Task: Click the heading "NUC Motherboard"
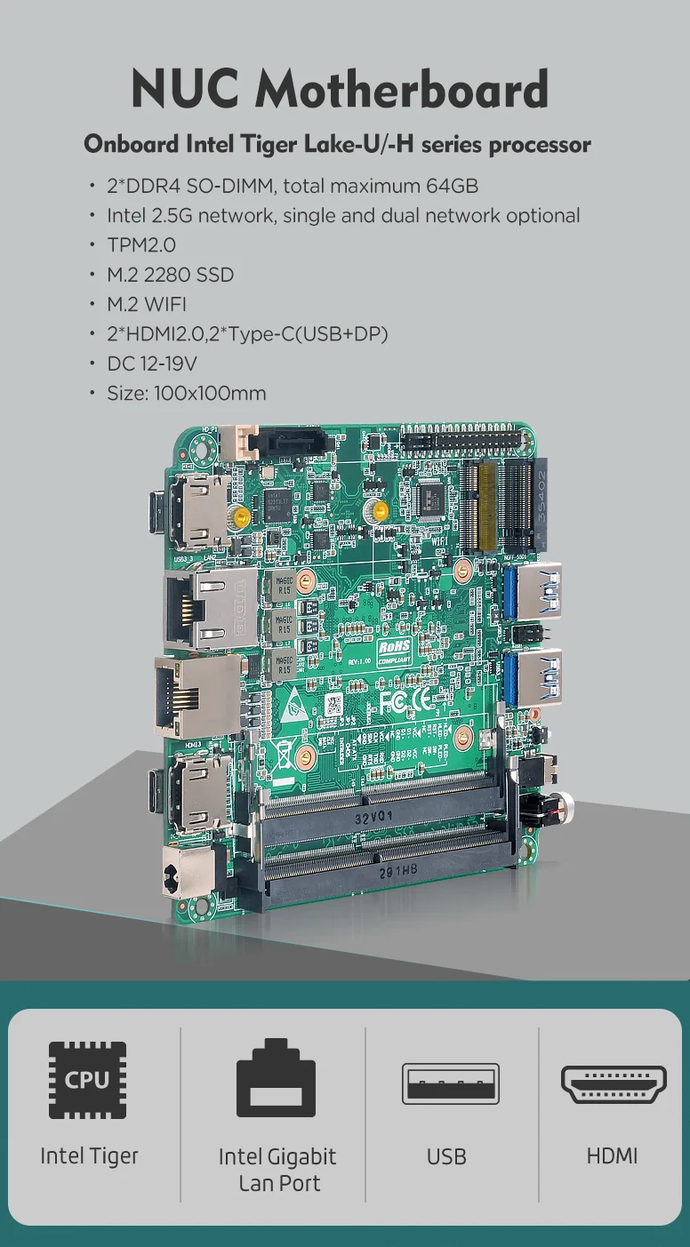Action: [x=339, y=88]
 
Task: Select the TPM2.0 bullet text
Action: [x=141, y=244]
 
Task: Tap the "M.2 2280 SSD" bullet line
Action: [x=170, y=275]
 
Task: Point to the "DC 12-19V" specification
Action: [x=151, y=363]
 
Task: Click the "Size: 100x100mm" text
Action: [x=186, y=392]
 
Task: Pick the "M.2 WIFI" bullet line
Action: [x=147, y=304]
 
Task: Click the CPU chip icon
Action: [x=87, y=1080]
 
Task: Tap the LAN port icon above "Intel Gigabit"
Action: [x=277, y=1076]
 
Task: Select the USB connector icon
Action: [x=450, y=1083]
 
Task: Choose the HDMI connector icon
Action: [x=614, y=1083]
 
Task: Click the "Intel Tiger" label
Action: [x=89, y=1155]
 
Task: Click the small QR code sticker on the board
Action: [x=334, y=706]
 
